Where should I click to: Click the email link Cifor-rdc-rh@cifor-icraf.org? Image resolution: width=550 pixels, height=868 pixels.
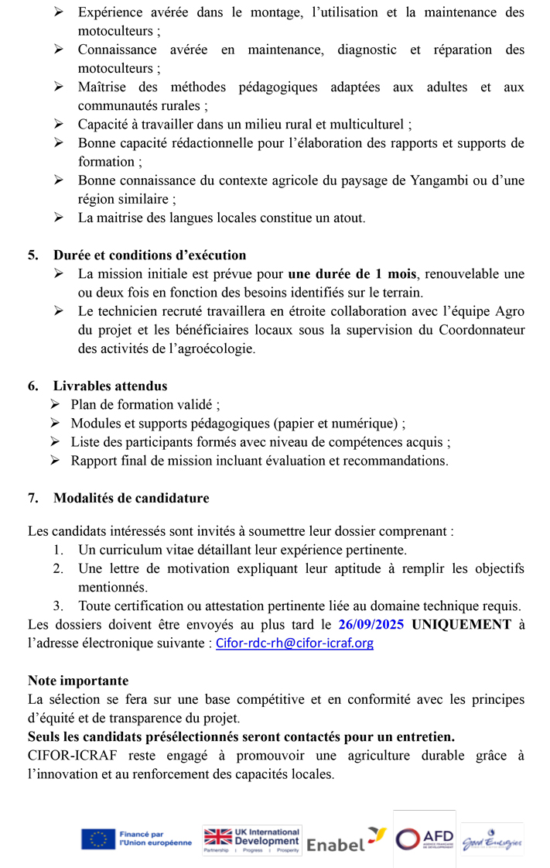293,643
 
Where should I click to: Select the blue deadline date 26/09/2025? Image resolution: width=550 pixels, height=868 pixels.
372,624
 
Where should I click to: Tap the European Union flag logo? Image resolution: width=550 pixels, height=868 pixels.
98,839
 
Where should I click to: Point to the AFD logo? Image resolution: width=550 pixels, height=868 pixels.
424,839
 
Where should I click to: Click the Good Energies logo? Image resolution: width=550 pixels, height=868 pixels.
492,842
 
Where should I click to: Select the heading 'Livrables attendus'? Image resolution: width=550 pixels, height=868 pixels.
110,386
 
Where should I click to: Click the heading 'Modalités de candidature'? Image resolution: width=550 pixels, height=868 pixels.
131,498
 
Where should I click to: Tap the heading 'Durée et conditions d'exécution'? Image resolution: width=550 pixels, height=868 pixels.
149,255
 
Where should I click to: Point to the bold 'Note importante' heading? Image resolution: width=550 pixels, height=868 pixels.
78,681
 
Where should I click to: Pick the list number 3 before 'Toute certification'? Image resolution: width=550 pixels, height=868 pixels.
58,606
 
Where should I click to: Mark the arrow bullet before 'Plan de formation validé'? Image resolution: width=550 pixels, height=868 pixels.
56,404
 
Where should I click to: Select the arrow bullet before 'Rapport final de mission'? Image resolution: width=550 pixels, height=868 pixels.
56,461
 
